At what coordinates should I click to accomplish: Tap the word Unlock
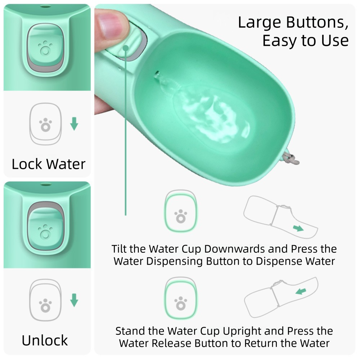point(45,340)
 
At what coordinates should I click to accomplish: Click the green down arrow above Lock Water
point(74,124)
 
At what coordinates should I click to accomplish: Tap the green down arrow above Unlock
point(74,300)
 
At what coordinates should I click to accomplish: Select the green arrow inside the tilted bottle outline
point(297,228)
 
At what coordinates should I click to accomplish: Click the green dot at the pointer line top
point(126,48)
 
